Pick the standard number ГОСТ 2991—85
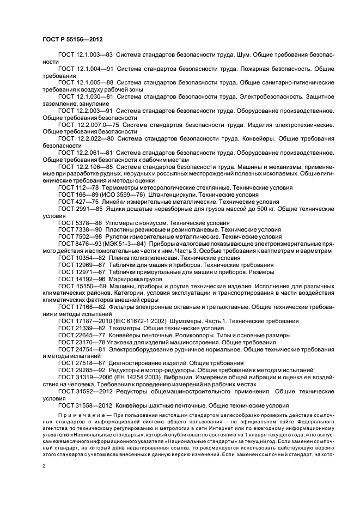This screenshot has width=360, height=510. (x=79, y=209)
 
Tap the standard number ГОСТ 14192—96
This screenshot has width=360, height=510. (x=81, y=278)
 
